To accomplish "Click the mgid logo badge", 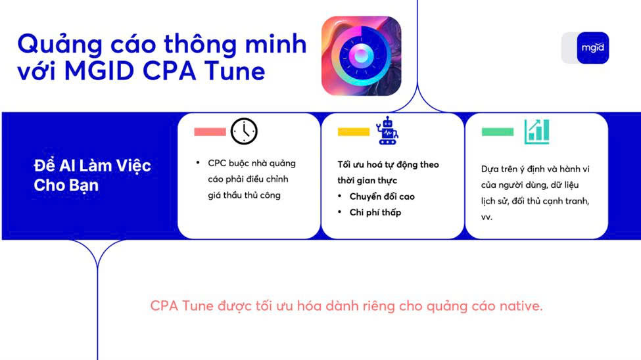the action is pyautogui.click(x=592, y=48).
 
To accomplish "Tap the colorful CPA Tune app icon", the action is pyautogui.click(x=362, y=56).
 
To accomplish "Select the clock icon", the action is pyautogui.click(x=244, y=131).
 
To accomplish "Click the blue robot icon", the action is pyautogui.click(x=387, y=130).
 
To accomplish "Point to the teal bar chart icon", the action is pyautogui.click(x=536, y=131).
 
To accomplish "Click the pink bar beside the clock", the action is pyautogui.click(x=210, y=131).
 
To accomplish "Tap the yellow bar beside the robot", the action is pyautogui.click(x=354, y=131).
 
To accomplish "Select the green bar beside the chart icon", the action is pyautogui.click(x=498, y=131).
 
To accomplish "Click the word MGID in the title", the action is pyautogui.click(x=99, y=71).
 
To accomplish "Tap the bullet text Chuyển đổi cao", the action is pyautogui.click(x=382, y=196).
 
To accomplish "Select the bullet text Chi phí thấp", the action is pyautogui.click(x=375, y=212).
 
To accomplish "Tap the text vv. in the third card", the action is pyautogui.click(x=487, y=217).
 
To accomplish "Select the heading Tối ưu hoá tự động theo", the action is pyautogui.click(x=388, y=165).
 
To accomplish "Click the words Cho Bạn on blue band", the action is pyautogui.click(x=66, y=185).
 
